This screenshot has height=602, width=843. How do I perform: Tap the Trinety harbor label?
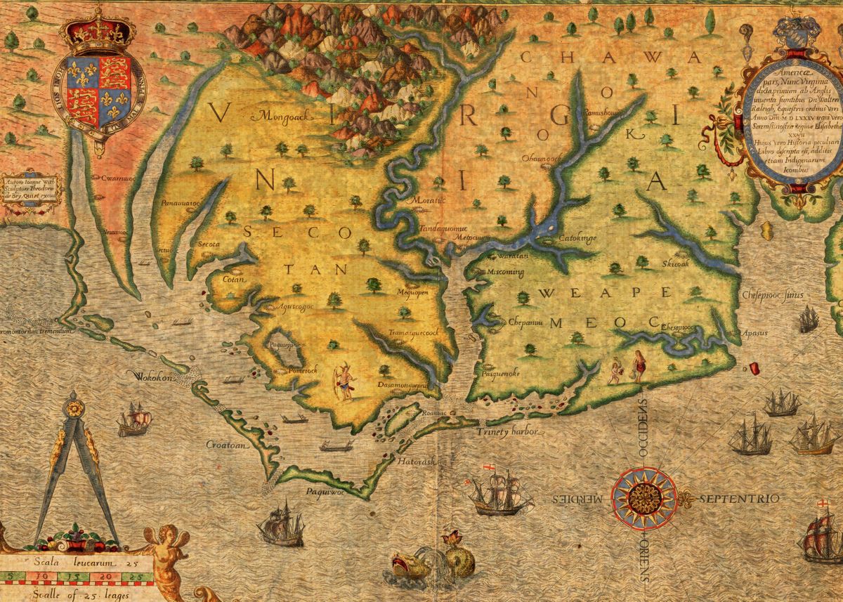[x=502, y=431]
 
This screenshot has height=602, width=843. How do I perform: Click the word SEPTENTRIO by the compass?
[x=739, y=499]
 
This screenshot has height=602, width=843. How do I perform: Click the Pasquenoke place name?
[x=500, y=374]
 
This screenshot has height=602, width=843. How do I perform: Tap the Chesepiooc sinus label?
[x=772, y=296]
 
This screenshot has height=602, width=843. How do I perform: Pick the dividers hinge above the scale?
[x=74, y=407]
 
